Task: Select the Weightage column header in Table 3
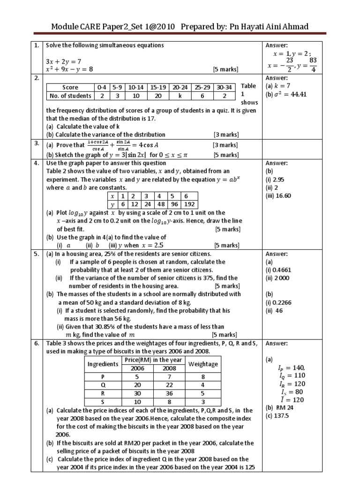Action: pyautogui.click(x=202, y=364)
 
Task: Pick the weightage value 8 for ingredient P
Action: pyautogui.click(x=202, y=376)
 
